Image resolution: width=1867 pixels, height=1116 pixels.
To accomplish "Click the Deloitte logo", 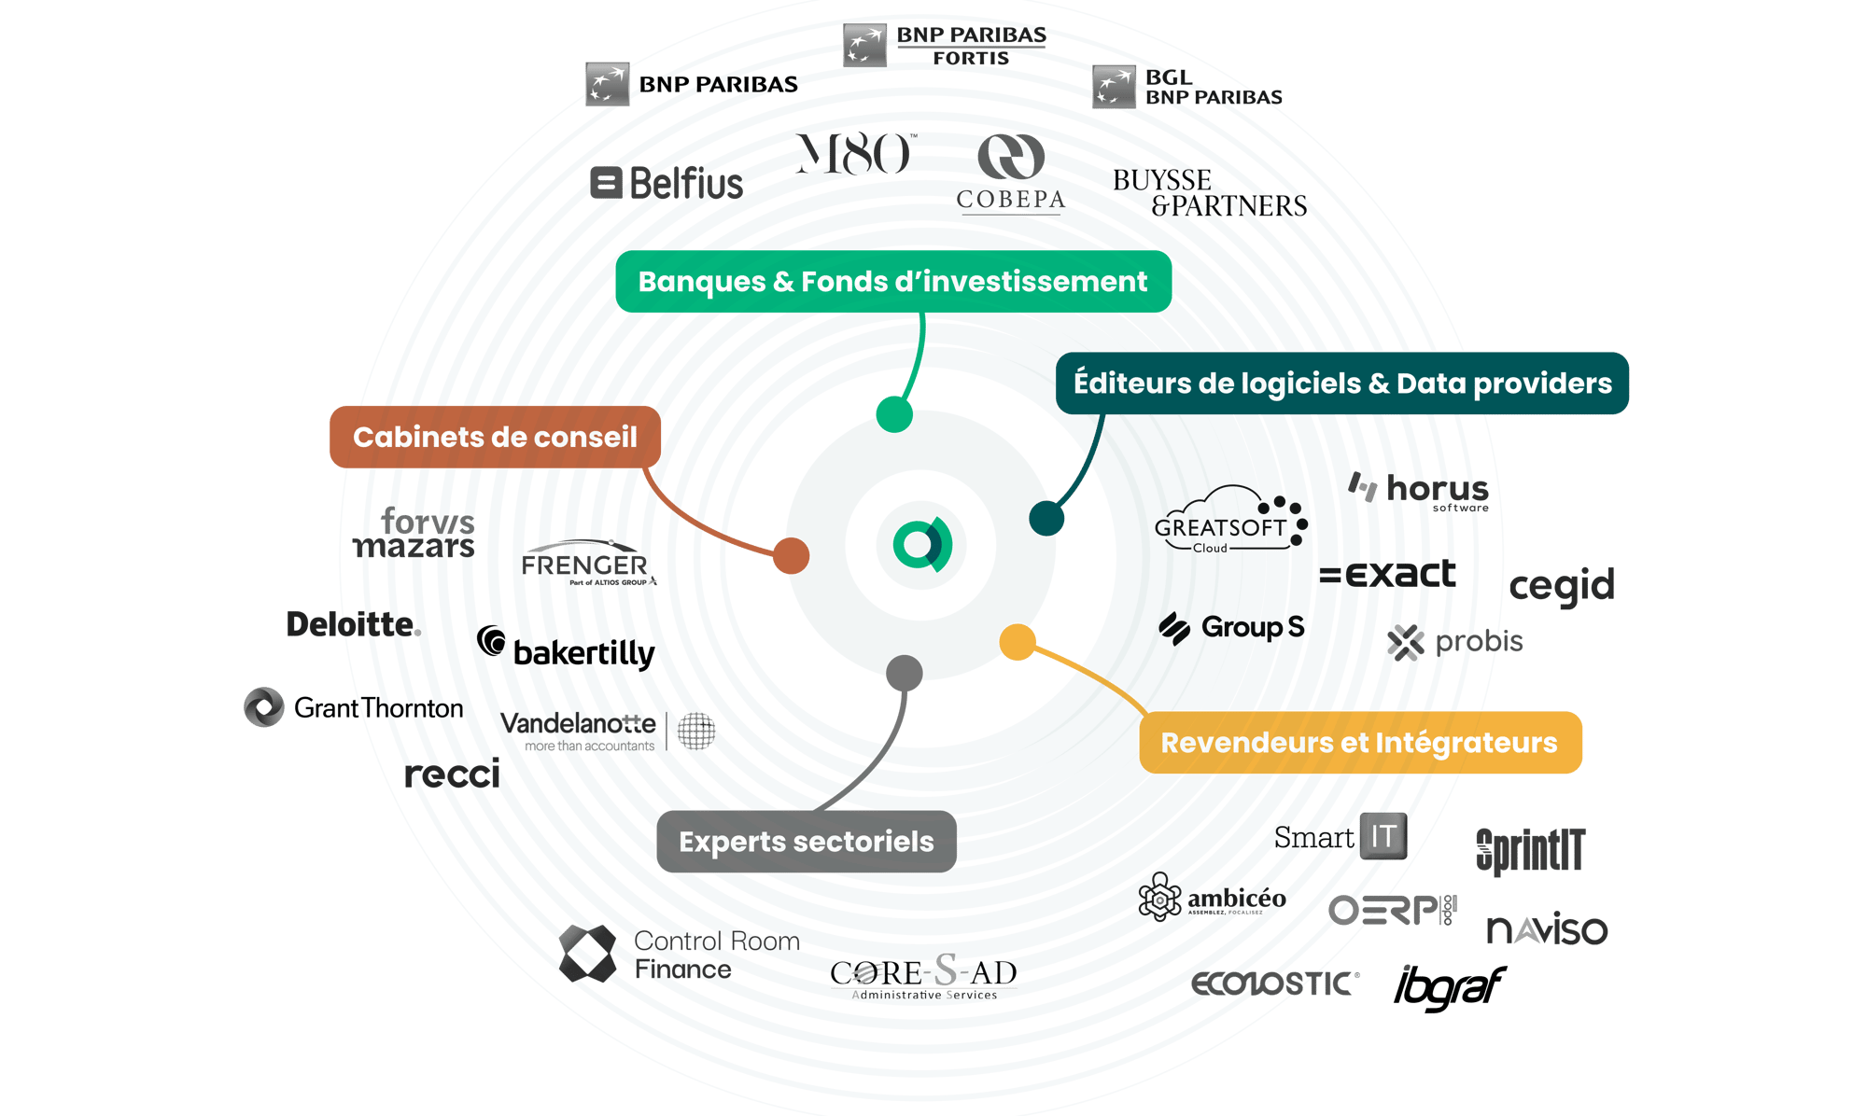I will point(353,624).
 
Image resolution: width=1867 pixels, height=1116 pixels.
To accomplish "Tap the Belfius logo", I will point(667,183).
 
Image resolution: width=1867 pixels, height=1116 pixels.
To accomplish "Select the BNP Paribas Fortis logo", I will point(945,46).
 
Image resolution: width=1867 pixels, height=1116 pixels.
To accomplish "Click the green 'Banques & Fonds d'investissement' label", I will point(892,282).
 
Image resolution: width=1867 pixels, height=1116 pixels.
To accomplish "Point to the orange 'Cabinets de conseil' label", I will point(495,437).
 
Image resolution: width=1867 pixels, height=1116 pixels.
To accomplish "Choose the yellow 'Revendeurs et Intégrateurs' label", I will point(1359,743).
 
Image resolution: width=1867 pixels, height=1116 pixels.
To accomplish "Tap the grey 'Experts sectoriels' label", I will point(806,842).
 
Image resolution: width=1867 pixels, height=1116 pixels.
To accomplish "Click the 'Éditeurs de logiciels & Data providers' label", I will point(1341,384).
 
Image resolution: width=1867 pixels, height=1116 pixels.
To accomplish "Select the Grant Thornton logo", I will point(354,708).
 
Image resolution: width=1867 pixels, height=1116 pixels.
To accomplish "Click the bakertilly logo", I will point(567,649).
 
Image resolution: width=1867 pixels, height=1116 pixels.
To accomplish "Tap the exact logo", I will point(1387,574).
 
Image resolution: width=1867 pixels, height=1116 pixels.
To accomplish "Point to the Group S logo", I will point(1231,628).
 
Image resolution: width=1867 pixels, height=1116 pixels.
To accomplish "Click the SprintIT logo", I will point(1530,850).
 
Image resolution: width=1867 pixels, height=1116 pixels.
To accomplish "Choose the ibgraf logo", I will point(1449,988).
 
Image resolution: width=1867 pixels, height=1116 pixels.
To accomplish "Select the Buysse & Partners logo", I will point(1209,193).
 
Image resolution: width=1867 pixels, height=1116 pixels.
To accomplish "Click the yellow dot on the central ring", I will point(1018,642).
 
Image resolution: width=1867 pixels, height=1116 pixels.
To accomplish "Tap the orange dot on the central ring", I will point(791,556).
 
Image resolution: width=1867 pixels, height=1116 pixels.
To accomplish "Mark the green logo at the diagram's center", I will point(921,546).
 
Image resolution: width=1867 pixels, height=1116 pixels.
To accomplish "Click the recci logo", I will point(453,774).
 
